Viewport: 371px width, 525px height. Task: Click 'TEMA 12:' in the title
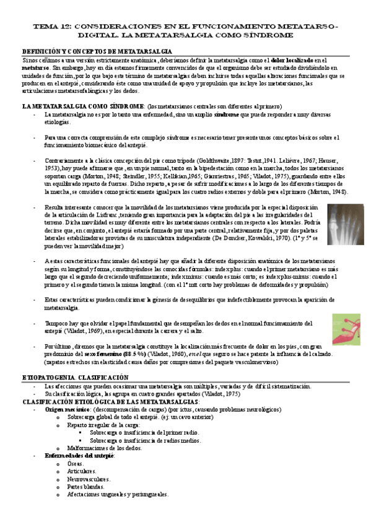click(53, 28)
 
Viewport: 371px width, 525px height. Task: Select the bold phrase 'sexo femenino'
click(103, 354)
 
